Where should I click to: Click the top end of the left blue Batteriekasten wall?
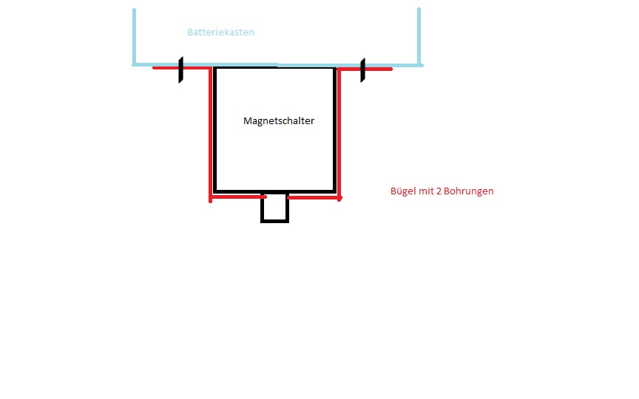pos(134,10)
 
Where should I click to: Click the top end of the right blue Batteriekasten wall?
pos(419,9)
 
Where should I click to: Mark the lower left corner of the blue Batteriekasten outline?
pos(134,65)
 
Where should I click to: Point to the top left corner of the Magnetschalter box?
pos(214,68)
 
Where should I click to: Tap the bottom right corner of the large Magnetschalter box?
pos(335,191)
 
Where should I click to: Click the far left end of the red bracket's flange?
pos(154,67)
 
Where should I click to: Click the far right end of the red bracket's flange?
pos(391,69)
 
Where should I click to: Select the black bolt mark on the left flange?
pos(181,69)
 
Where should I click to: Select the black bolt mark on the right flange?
pos(362,70)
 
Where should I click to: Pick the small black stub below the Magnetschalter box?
pos(274,207)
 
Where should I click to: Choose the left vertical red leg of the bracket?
pos(210,134)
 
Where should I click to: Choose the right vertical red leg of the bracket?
pos(339,134)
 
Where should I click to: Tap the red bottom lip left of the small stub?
pos(238,197)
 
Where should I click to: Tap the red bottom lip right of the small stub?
pos(314,198)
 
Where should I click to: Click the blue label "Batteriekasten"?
pos(220,33)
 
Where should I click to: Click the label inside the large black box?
pos(279,121)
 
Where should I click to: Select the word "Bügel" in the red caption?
pos(404,191)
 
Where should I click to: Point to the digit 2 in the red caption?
pos(439,191)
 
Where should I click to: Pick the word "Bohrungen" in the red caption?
pos(469,191)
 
